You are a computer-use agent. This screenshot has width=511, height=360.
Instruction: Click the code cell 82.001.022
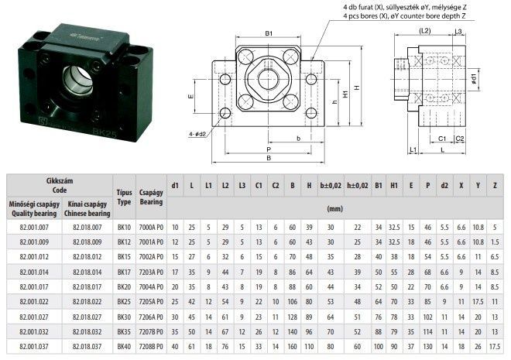click(x=34, y=302)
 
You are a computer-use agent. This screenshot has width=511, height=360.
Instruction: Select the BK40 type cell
click(x=124, y=347)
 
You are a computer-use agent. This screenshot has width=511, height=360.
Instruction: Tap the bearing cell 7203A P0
click(x=151, y=272)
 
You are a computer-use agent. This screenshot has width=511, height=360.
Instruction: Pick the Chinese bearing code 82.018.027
click(x=87, y=317)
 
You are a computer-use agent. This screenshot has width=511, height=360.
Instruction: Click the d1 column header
click(x=175, y=185)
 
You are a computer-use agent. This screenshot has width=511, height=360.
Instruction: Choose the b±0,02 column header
click(x=331, y=185)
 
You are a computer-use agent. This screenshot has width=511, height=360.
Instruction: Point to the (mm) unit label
click(x=334, y=209)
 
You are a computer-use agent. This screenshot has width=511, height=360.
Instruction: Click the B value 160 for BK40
click(x=293, y=347)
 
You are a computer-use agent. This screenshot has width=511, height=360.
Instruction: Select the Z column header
click(x=495, y=185)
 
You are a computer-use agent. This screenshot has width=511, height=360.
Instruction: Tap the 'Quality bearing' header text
click(x=34, y=214)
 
